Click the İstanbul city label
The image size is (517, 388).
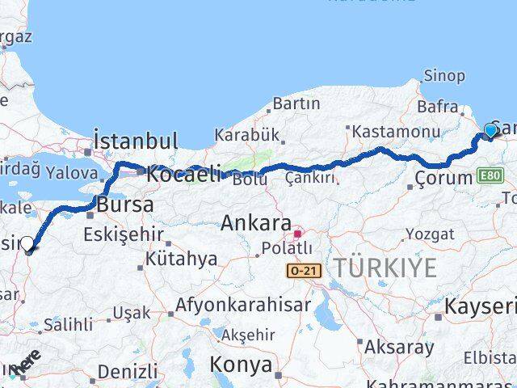click(136, 141)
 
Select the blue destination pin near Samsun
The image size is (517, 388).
click(490, 131)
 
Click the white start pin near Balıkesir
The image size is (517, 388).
click(27, 244)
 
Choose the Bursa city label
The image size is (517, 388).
click(124, 205)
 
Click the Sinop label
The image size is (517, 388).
click(443, 76)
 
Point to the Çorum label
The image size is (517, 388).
click(443, 178)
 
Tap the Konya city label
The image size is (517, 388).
click(241, 365)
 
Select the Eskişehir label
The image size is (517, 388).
click(124, 236)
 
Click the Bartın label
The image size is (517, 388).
click(296, 103)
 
